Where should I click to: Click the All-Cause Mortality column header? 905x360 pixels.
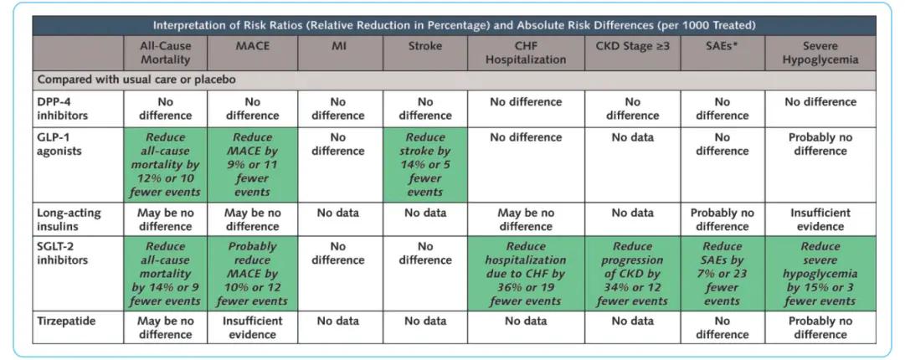tap(166, 53)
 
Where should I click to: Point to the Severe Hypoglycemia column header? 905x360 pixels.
tap(820, 53)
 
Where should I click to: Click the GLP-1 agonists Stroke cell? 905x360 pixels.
tap(424, 164)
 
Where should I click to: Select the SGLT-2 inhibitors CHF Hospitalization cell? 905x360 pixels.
tap(525, 273)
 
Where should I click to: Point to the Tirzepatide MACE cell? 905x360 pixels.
tap(252, 327)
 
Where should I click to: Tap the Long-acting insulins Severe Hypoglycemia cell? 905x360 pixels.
tap(820, 219)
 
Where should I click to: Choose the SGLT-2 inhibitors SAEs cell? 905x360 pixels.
tap(722, 273)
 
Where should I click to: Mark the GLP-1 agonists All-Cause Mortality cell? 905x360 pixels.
tap(166, 164)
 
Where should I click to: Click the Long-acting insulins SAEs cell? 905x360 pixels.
tap(722, 219)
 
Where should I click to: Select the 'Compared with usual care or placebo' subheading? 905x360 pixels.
tap(136, 80)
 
